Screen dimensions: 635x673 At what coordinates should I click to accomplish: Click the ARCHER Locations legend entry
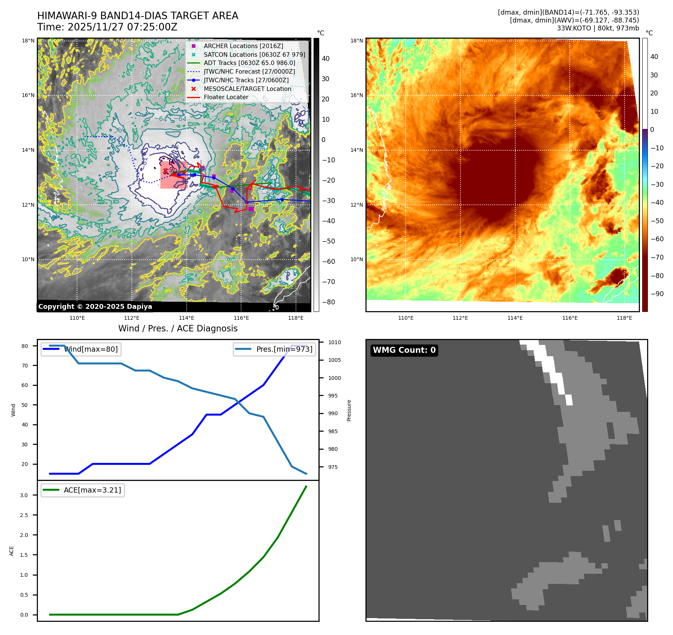(x=243, y=46)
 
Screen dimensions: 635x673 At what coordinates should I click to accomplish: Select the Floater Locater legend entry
(x=226, y=97)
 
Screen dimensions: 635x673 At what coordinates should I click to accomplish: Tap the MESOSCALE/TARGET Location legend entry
(x=247, y=89)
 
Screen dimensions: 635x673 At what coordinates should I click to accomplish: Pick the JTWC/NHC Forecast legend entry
(x=249, y=71)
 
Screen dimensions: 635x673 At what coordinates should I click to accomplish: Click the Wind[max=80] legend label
(x=91, y=349)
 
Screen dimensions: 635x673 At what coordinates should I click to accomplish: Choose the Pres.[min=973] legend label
(x=284, y=349)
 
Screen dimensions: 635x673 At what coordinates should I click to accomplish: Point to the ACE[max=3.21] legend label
(x=92, y=490)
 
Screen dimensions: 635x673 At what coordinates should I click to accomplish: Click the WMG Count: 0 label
(x=404, y=350)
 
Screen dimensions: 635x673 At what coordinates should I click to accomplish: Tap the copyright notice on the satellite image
(x=95, y=307)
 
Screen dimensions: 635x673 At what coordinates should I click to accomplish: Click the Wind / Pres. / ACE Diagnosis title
(x=178, y=328)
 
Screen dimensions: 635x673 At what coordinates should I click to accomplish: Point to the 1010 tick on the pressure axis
(x=334, y=342)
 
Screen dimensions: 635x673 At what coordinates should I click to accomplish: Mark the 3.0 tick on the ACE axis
(x=24, y=495)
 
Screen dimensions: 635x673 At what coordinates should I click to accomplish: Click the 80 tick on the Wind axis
(x=25, y=346)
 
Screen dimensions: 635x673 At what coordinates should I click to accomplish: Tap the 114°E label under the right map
(x=515, y=318)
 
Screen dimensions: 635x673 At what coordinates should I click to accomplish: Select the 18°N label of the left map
(x=28, y=41)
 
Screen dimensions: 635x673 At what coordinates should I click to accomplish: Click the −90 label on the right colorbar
(x=657, y=294)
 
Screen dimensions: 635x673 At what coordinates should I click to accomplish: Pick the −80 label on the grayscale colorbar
(x=328, y=302)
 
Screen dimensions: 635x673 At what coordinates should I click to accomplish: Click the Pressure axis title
(x=349, y=410)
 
